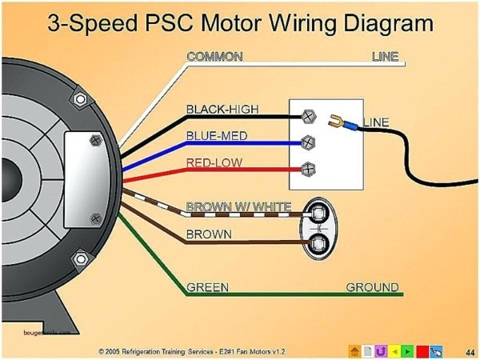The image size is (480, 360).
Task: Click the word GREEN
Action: point(206,286)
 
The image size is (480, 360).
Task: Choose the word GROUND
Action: point(371,286)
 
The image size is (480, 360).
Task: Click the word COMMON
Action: point(214,57)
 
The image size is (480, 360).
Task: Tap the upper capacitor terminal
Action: point(318,213)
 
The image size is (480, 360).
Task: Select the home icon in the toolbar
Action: point(353,350)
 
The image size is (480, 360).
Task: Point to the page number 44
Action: point(469,350)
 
